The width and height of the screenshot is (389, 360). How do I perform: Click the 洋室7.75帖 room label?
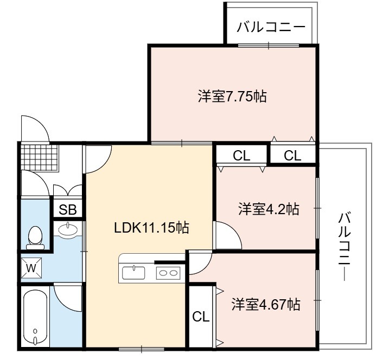[x=232, y=97]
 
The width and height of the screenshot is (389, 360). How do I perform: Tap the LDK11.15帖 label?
[x=151, y=227]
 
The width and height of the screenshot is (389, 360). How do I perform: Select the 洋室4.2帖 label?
[x=269, y=209]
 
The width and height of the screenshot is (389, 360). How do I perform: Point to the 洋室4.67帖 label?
[x=266, y=305]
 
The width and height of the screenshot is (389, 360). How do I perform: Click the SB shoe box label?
[x=67, y=210]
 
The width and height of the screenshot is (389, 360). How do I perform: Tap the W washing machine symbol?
[x=31, y=268]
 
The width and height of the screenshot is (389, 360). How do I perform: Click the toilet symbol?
[x=35, y=237]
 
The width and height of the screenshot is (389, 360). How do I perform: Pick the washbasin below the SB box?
[x=67, y=229]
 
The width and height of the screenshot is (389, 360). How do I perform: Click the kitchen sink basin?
[x=133, y=273]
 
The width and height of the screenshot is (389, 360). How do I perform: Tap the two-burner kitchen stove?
[x=168, y=273]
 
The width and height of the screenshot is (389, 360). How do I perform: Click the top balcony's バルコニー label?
[x=271, y=27]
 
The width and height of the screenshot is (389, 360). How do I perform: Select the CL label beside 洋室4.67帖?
[x=201, y=317]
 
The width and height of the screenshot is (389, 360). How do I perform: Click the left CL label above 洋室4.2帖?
[x=241, y=156]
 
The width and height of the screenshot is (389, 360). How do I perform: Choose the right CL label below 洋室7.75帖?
[x=292, y=156]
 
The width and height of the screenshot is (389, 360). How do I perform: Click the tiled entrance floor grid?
[x=40, y=158]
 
